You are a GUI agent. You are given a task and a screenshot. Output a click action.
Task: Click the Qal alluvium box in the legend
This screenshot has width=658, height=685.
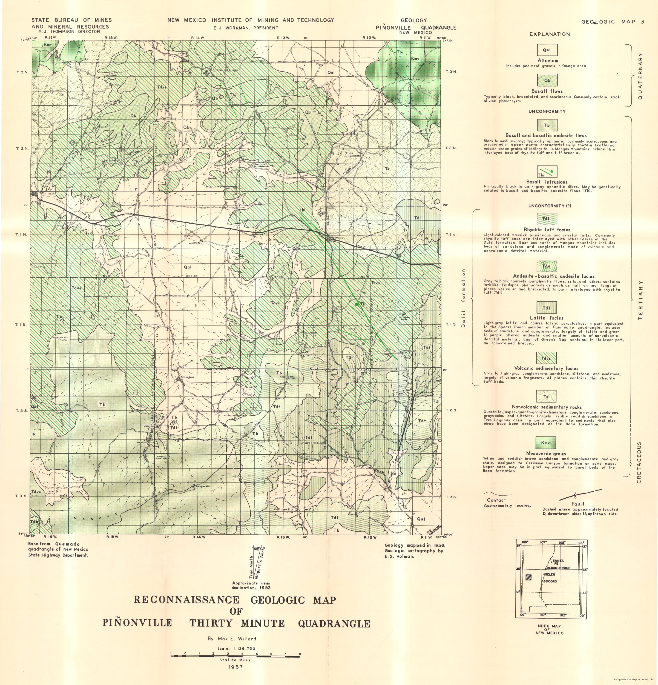(547, 50)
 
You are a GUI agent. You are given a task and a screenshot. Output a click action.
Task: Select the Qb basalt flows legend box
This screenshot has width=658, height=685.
(547, 80)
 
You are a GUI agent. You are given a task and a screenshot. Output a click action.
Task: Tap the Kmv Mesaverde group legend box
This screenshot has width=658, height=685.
(545, 443)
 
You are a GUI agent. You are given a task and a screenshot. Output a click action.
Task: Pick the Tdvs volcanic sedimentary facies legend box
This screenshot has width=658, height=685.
(546, 358)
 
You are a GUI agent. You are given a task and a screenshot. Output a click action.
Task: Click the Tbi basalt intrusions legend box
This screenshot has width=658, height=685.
(547, 172)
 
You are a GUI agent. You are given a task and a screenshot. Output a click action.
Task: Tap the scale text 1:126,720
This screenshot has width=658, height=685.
(235, 648)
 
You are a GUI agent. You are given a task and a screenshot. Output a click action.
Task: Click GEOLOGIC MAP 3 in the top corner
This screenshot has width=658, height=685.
(613, 22)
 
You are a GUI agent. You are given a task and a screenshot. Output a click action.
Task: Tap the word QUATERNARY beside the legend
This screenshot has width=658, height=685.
(640, 76)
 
